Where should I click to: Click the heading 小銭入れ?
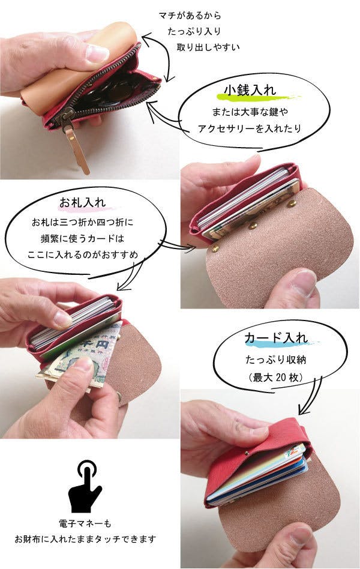pyautogui.click(x=250, y=90)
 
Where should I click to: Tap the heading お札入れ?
pyautogui.click(x=83, y=202)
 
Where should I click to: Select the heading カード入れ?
pyautogui.click(x=276, y=338)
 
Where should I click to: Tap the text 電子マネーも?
pyautogui.click(x=85, y=523)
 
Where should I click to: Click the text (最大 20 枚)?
pyautogui.click(x=276, y=378)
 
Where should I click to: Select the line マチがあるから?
pyautogui.click(x=190, y=16)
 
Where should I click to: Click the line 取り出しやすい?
pyautogui.click(x=208, y=47)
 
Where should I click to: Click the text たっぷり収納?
pyautogui.click(x=276, y=360)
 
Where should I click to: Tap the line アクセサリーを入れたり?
pyautogui.click(x=250, y=128)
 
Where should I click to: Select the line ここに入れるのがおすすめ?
pyautogui.click(x=83, y=254)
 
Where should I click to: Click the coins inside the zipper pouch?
pyautogui.click(x=113, y=89)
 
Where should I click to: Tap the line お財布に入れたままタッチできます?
pyautogui.click(x=85, y=539)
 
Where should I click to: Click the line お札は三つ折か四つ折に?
pyautogui.click(x=83, y=221)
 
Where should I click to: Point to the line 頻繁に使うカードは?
pyautogui.click(x=83, y=238)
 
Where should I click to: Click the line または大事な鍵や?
pyautogui.click(x=250, y=112)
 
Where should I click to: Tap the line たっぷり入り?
pyautogui.click(x=194, y=32)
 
